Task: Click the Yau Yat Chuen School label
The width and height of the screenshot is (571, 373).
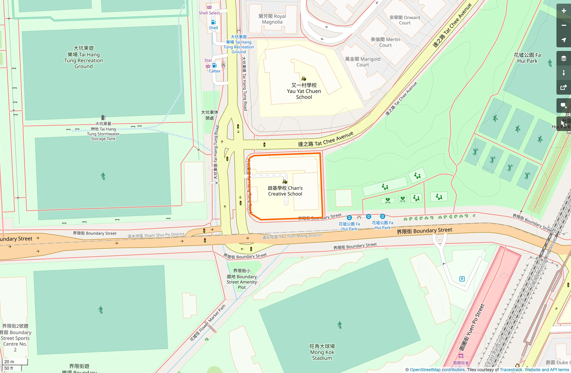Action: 304,91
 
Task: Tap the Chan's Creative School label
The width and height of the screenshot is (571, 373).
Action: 285,191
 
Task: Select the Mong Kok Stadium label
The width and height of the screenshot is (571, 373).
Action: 322,352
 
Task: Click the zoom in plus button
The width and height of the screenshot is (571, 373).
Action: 563,11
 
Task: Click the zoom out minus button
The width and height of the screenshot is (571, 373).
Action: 563,25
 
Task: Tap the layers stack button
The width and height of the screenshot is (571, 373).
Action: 563,59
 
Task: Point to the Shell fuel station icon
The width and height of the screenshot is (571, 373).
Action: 213,22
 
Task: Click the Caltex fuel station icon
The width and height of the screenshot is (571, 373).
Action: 215,66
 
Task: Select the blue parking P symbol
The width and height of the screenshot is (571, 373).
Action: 462,279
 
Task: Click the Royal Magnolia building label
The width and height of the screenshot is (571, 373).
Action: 272,19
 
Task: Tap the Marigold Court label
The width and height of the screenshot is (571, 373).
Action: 362,62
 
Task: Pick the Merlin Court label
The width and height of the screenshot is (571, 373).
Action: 385,42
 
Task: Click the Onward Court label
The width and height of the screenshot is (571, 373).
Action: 405,20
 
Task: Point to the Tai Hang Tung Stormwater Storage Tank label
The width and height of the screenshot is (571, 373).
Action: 103,131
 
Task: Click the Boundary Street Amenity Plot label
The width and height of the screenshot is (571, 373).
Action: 242,279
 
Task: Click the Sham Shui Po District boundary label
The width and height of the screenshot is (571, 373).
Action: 156,235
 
